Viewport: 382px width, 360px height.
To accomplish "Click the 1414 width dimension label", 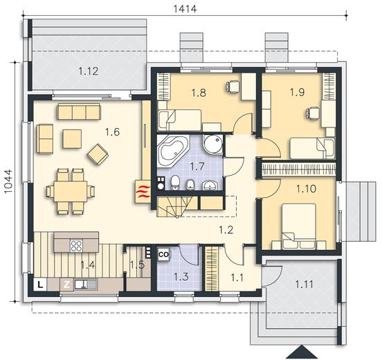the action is click(x=185, y=9).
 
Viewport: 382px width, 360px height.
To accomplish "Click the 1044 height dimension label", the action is click(x=8, y=181).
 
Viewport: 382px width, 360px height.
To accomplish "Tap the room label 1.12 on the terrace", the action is click(x=89, y=71).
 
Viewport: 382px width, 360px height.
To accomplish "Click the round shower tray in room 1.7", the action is click(x=212, y=144).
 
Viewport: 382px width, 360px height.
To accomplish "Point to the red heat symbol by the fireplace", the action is click(x=143, y=192).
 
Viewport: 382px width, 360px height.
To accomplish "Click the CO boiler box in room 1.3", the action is click(x=164, y=255).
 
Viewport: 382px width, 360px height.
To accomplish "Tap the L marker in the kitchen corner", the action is click(x=40, y=285).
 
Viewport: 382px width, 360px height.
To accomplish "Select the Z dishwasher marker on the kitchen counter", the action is click(x=66, y=285).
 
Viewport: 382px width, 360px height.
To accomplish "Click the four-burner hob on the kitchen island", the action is click(x=77, y=246).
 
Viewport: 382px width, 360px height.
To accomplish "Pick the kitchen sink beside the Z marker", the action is click(x=86, y=285).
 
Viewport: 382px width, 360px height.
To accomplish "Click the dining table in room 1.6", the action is click(x=71, y=191).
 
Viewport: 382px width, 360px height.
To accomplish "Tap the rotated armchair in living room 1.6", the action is click(x=98, y=154).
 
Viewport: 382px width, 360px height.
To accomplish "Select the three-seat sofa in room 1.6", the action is click(x=79, y=111).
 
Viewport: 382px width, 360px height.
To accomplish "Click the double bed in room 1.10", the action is click(x=299, y=226).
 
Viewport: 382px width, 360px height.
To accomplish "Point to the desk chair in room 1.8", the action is click(x=233, y=87).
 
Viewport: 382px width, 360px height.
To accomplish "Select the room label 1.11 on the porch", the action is click(x=304, y=285).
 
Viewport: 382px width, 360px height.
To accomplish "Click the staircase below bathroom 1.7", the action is click(x=176, y=206).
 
